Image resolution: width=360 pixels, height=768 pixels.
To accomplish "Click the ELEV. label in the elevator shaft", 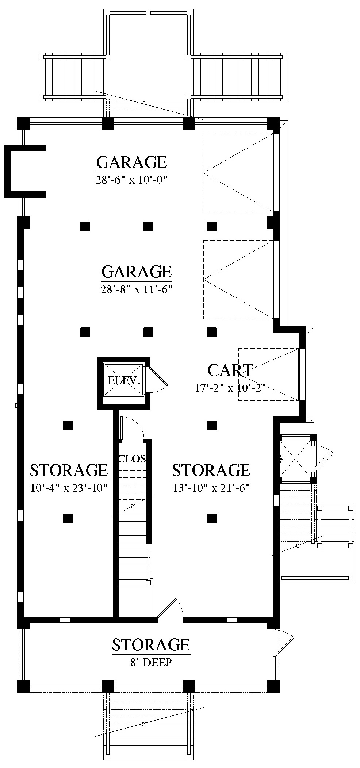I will pyautogui.click(x=124, y=381).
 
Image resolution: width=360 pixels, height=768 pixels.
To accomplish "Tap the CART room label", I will pyautogui.click(x=230, y=370).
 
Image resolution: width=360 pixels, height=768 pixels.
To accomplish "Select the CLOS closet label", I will pyautogui.click(x=132, y=459).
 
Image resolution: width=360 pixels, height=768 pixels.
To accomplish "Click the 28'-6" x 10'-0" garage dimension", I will pyautogui.click(x=131, y=180).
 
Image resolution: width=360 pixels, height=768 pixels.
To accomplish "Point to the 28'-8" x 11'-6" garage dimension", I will pyautogui.click(x=136, y=290).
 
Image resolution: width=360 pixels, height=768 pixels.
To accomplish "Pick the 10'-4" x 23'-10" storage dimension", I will pyautogui.click(x=69, y=488).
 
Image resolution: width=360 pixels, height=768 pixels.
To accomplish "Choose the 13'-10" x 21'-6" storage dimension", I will pyautogui.click(x=211, y=488).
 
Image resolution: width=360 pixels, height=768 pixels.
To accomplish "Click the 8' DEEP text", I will pyautogui.click(x=151, y=663).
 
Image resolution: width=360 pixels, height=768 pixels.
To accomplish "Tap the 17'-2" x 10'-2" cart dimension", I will pyautogui.click(x=229, y=388).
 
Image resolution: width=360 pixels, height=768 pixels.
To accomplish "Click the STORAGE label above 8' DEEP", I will pyautogui.click(x=151, y=645).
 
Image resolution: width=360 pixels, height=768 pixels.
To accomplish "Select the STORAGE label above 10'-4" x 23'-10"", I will pyautogui.click(x=69, y=470).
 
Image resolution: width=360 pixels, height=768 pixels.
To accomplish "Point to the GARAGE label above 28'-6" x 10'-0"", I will pyautogui.click(x=131, y=162).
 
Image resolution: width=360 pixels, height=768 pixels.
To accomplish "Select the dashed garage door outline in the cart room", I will pyautogui.click(x=268, y=374).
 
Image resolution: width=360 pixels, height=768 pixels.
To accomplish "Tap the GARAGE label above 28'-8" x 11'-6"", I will pyautogui.click(x=136, y=272).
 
